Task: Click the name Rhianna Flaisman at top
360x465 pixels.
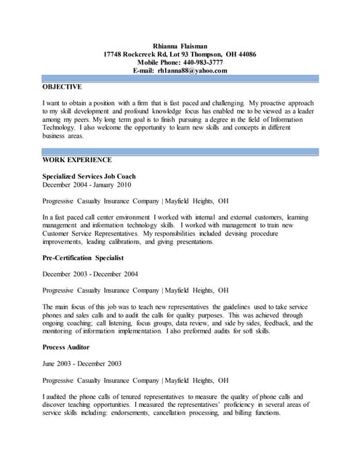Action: (180, 44)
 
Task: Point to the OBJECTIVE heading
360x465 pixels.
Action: (62, 86)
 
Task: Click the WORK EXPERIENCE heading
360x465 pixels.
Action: (77, 158)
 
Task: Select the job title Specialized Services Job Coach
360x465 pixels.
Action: (89, 177)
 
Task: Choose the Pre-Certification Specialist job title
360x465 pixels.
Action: (83, 257)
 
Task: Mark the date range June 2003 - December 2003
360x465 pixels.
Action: (81, 363)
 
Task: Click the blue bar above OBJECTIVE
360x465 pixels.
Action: (180, 78)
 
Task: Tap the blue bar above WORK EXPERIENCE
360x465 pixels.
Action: (180, 151)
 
